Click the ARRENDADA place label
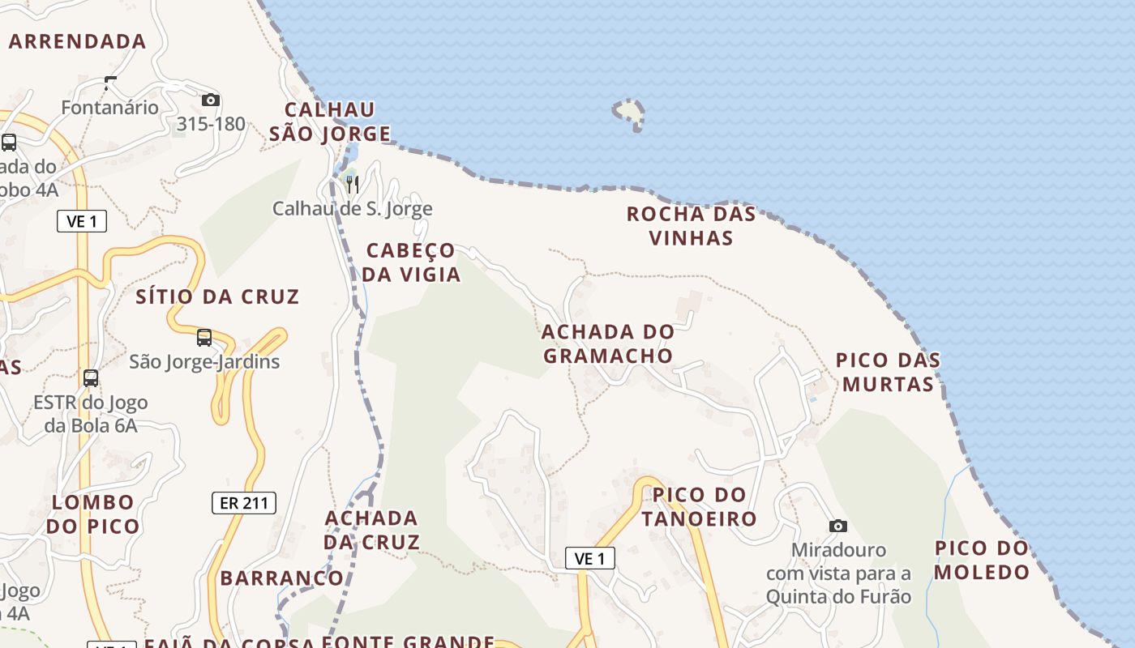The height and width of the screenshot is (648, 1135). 78,41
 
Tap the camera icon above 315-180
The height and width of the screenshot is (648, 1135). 211,100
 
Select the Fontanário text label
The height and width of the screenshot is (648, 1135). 110,107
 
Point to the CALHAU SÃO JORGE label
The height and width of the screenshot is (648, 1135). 330,122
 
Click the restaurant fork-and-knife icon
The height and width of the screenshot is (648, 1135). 352,185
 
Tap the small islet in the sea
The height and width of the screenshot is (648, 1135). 630,113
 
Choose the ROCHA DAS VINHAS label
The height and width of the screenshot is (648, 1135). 692,226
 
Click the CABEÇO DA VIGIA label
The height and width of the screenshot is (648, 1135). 411,262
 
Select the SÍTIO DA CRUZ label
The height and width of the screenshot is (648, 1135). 217,296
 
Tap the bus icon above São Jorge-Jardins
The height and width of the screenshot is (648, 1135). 204,337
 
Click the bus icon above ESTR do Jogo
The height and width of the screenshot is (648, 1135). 91,377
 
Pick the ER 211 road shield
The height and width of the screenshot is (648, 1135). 244,503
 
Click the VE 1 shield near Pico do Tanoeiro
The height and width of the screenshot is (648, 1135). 589,558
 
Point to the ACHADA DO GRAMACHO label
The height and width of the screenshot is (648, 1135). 608,343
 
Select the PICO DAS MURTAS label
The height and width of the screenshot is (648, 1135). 889,372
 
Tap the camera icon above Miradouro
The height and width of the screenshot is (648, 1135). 838,526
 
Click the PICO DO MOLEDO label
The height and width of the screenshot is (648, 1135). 982,560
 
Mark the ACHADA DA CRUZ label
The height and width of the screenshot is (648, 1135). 372,530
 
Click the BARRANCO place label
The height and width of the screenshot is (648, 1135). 282,578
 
